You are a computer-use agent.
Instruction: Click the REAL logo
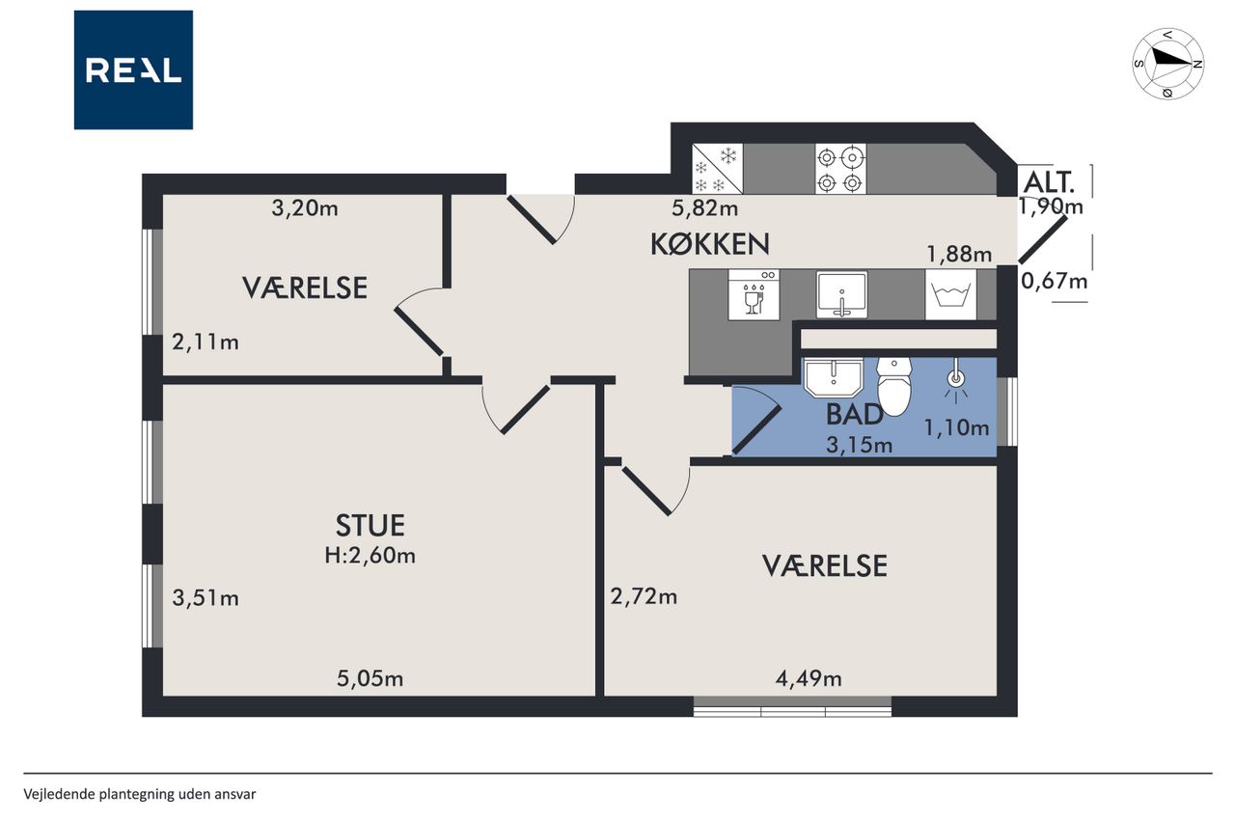click(133, 70)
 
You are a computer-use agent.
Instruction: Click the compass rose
click(1168, 64)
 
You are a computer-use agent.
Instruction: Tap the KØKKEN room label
click(710, 244)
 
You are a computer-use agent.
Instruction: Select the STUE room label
click(370, 525)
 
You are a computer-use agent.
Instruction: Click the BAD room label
click(854, 415)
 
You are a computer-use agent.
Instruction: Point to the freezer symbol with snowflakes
click(717, 169)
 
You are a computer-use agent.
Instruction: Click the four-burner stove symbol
click(840, 169)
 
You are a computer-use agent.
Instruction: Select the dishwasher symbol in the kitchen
click(754, 295)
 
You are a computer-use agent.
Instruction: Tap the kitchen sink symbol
click(841, 295)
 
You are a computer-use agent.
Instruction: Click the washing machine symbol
click(950, 295)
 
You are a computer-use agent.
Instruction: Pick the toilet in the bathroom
click(894, 387)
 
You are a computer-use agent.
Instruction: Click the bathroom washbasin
click(833, 377)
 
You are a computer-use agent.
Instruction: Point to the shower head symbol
click(956, 380)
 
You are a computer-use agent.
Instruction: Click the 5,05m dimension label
click(370, 678)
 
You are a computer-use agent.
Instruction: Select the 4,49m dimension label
click(809, 678)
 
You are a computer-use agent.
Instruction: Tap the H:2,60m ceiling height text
click(370, 555)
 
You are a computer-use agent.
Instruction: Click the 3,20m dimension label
click(305, 207)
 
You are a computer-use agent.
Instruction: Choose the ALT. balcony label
click(1049, 182)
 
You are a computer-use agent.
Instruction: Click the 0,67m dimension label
click(1055, 281)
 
